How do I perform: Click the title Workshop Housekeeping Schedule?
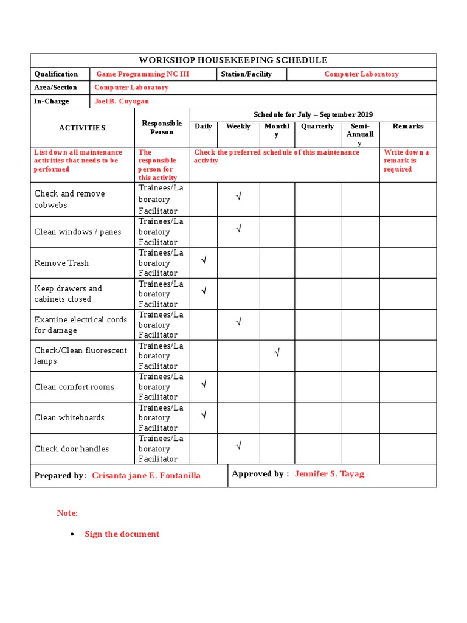coord(233,60)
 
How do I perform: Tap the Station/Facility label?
coord(246,74)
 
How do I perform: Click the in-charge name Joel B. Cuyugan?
coord(122,102)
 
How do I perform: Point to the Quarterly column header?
coord(317,127)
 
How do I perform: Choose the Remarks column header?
coord(407,127)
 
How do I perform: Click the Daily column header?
coord(203,127)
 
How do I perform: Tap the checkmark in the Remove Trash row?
coord(204,260)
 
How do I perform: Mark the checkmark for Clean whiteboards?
coord(204,415)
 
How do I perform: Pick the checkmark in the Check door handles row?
coord(238,446)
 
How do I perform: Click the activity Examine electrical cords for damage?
coord(81,325)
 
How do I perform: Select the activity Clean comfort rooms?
coord(74,387)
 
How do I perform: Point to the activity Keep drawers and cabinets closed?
coord(68,294)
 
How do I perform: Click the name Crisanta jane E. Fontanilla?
coord(146,476)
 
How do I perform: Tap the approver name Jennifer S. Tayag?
coord(329,474)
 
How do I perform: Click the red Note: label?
coord(67,513)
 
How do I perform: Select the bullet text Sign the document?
coord(122,534)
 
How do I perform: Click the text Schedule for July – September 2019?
coord(313,114)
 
